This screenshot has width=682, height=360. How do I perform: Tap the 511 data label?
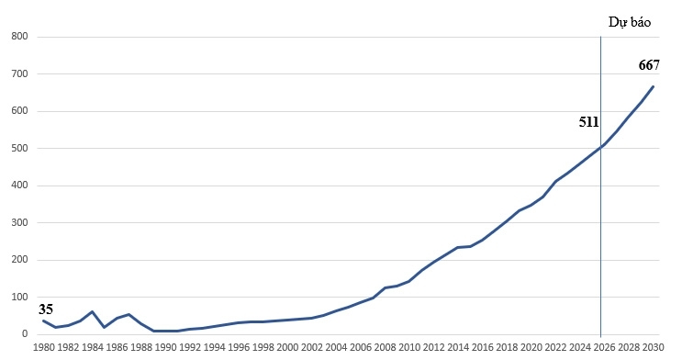(x=588, y=122)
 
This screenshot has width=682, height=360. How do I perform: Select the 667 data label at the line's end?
(x=649, y=65)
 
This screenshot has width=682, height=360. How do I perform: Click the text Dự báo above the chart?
(x=629, y=22)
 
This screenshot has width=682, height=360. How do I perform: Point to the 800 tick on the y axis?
(x=17, y=37)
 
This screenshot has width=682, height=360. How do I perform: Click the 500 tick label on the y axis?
(x=17, y=149)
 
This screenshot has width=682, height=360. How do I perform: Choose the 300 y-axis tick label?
(x=17, y=223)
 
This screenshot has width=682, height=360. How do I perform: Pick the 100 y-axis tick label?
(x=17, y=298)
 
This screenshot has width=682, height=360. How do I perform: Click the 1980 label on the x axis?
(x=43, y=348)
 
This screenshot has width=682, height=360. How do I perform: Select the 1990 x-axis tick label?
(x=165, y=348)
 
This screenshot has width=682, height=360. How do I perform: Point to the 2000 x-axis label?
(x=287, y=348)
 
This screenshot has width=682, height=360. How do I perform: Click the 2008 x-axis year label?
(x=385, y=348)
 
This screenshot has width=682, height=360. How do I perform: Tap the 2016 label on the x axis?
(x=482, y=348)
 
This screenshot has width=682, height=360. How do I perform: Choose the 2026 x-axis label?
(x=603, y=348)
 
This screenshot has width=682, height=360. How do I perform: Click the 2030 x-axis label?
(x=653, y=348)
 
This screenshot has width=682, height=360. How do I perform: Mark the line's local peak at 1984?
(x=92, y=312)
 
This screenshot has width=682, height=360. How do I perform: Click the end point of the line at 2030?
(x=653, y=86)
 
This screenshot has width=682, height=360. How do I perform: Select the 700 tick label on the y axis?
(x=17, y=74)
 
